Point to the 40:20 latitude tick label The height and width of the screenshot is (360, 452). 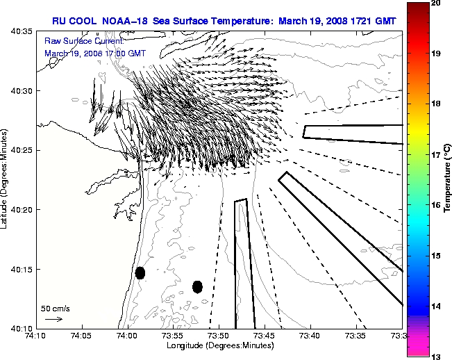point(22,210)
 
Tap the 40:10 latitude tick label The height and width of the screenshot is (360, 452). point(22,328)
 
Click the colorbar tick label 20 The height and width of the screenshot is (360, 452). point(438,3)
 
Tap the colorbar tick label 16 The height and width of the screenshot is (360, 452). point(438,206)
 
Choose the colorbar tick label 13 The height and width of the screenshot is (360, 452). point(438,357)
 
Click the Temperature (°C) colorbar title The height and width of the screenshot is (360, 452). point(448,180)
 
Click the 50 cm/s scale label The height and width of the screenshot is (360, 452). point(55,308)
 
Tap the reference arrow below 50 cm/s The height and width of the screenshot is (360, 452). point(53,319)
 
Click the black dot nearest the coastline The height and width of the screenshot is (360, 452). point(140,272)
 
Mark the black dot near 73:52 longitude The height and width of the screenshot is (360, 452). point(197,286)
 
